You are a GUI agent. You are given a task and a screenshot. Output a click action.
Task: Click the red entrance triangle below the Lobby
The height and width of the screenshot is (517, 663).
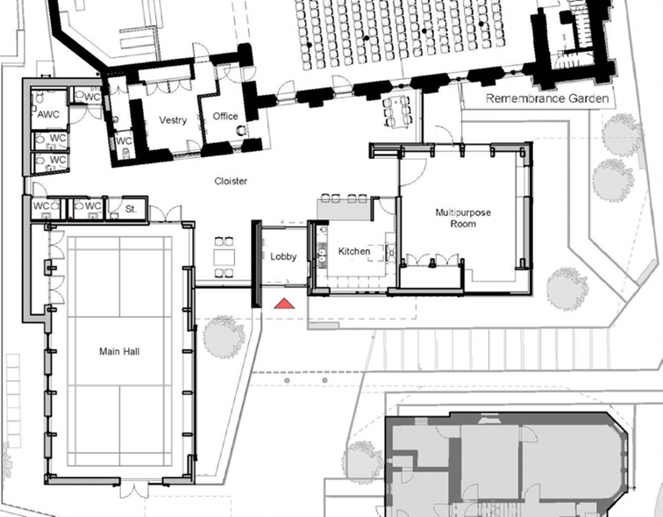pyautogui.click(x=284, y=304)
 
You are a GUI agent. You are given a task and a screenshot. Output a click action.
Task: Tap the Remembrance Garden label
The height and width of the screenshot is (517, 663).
pyautogui.click(x=547, y=98)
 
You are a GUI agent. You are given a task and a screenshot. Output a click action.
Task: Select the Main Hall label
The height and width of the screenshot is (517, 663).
pyautogui.click(x=119, y=352)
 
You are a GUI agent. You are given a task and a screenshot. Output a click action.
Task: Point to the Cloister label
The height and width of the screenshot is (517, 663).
pyautogui.click(x=231, y=181)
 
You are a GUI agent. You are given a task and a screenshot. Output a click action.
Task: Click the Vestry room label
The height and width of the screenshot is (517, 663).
pyautogui.click(x=173, y=120)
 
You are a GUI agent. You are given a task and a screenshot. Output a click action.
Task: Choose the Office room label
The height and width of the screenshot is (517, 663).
pyautogui.click(x=225, y=117)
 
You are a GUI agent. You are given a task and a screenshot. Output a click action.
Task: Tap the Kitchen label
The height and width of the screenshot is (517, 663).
pyautogui.click(x=354, y=251)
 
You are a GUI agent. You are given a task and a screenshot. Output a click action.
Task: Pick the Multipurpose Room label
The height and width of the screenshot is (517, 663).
pyautogui.click(x=463, y=218)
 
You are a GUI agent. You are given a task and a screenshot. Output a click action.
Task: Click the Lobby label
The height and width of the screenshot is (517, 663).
pyautogui.click(x=283, y=256)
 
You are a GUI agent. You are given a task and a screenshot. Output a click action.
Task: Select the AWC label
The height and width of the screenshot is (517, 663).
pyautogui.click(x=48, y=114)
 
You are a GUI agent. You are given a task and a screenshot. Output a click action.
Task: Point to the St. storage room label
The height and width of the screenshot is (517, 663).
pyautogui.click(x=131, y=209)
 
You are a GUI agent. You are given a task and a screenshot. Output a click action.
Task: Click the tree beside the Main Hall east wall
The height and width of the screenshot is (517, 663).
pyautogui.click(x=225, y=337)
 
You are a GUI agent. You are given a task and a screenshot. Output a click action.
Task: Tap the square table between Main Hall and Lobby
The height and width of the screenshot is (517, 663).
pyautogui.click(x=225, y=258)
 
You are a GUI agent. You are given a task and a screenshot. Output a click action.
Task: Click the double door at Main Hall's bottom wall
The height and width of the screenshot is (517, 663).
pyautogui.click(x=134, y=490)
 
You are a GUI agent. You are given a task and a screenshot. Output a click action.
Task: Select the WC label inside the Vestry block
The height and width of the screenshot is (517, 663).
pyautogui.click(x=124, y=140)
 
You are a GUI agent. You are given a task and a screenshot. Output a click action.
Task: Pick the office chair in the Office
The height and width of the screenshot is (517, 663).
pyautogui.click(x=240, y=130)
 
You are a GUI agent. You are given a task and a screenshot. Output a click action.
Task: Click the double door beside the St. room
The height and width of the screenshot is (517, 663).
pyautogui.click(x=166, y=213)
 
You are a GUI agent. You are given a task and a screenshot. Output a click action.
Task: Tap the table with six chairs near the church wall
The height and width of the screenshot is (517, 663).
pyautogui.click(x=396, y=111)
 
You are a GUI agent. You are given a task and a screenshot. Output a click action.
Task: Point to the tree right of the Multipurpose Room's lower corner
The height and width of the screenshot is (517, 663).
pyautogui.click(x=567, y=289)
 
